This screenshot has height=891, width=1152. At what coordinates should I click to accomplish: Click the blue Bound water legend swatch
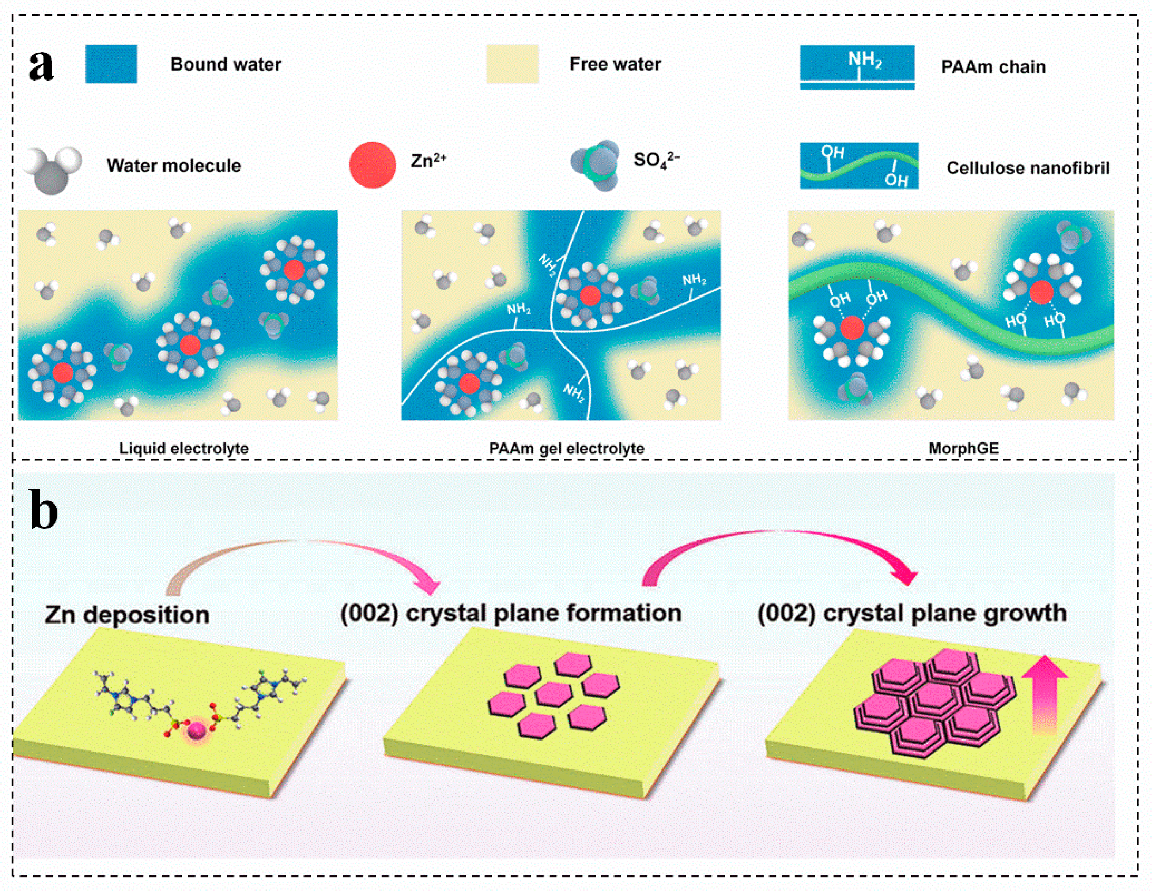pos(111,64)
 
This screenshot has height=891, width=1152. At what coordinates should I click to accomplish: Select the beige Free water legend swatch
pos(512,64)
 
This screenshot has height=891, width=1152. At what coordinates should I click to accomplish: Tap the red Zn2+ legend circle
pos(372,164)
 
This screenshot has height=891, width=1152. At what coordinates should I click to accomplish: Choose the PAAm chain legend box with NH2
pos(857,67)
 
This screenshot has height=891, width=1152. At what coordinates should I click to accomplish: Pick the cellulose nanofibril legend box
pos(859,166)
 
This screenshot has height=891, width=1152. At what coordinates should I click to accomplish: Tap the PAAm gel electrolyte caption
pos(567,449)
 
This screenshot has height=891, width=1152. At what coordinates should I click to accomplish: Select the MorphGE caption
pos(963,449)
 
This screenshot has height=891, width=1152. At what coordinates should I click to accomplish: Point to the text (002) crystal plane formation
pos(510,613)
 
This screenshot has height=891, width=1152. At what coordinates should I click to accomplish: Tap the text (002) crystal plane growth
pos(912,613)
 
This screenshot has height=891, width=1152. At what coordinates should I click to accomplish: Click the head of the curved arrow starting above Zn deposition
pos(429,585)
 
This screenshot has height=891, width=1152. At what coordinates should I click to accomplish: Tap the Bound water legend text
pos(226,64)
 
